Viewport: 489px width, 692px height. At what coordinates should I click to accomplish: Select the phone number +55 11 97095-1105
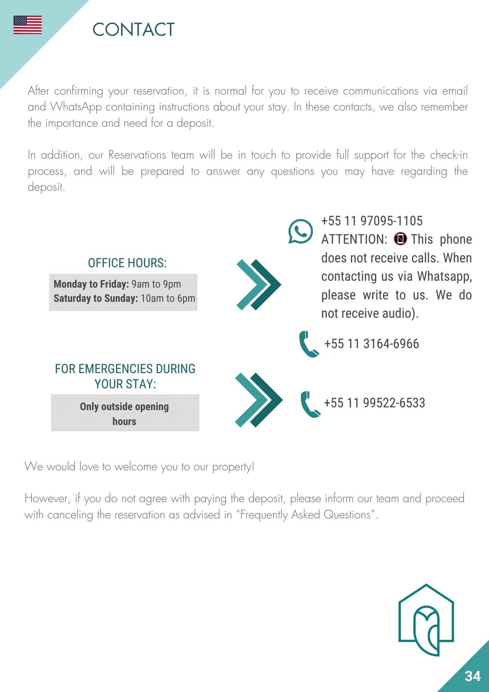372,221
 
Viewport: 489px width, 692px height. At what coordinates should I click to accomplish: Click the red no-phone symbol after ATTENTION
400,239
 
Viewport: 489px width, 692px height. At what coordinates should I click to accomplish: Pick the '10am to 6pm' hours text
168,298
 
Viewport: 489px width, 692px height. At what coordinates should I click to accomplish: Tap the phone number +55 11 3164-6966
372,344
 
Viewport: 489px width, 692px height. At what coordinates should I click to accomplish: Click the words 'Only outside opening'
124,406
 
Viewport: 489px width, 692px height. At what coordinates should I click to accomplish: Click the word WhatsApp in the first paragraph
76,107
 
